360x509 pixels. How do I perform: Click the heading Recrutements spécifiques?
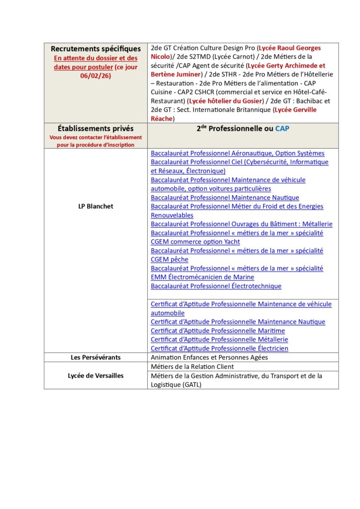95,49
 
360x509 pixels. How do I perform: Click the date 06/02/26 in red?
95,75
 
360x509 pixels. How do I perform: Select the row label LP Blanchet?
95,206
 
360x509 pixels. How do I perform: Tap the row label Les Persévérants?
95,357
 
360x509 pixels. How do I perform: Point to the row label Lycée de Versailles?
95,376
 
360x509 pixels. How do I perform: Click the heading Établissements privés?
95,128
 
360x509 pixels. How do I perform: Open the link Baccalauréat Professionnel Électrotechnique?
216,286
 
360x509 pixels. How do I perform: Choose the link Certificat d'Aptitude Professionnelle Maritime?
218,331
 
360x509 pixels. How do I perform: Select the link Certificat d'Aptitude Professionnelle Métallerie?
219,339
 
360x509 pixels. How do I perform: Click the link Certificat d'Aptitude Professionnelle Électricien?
219,348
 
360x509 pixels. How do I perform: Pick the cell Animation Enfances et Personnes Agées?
209,357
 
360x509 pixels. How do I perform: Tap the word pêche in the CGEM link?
180,259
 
